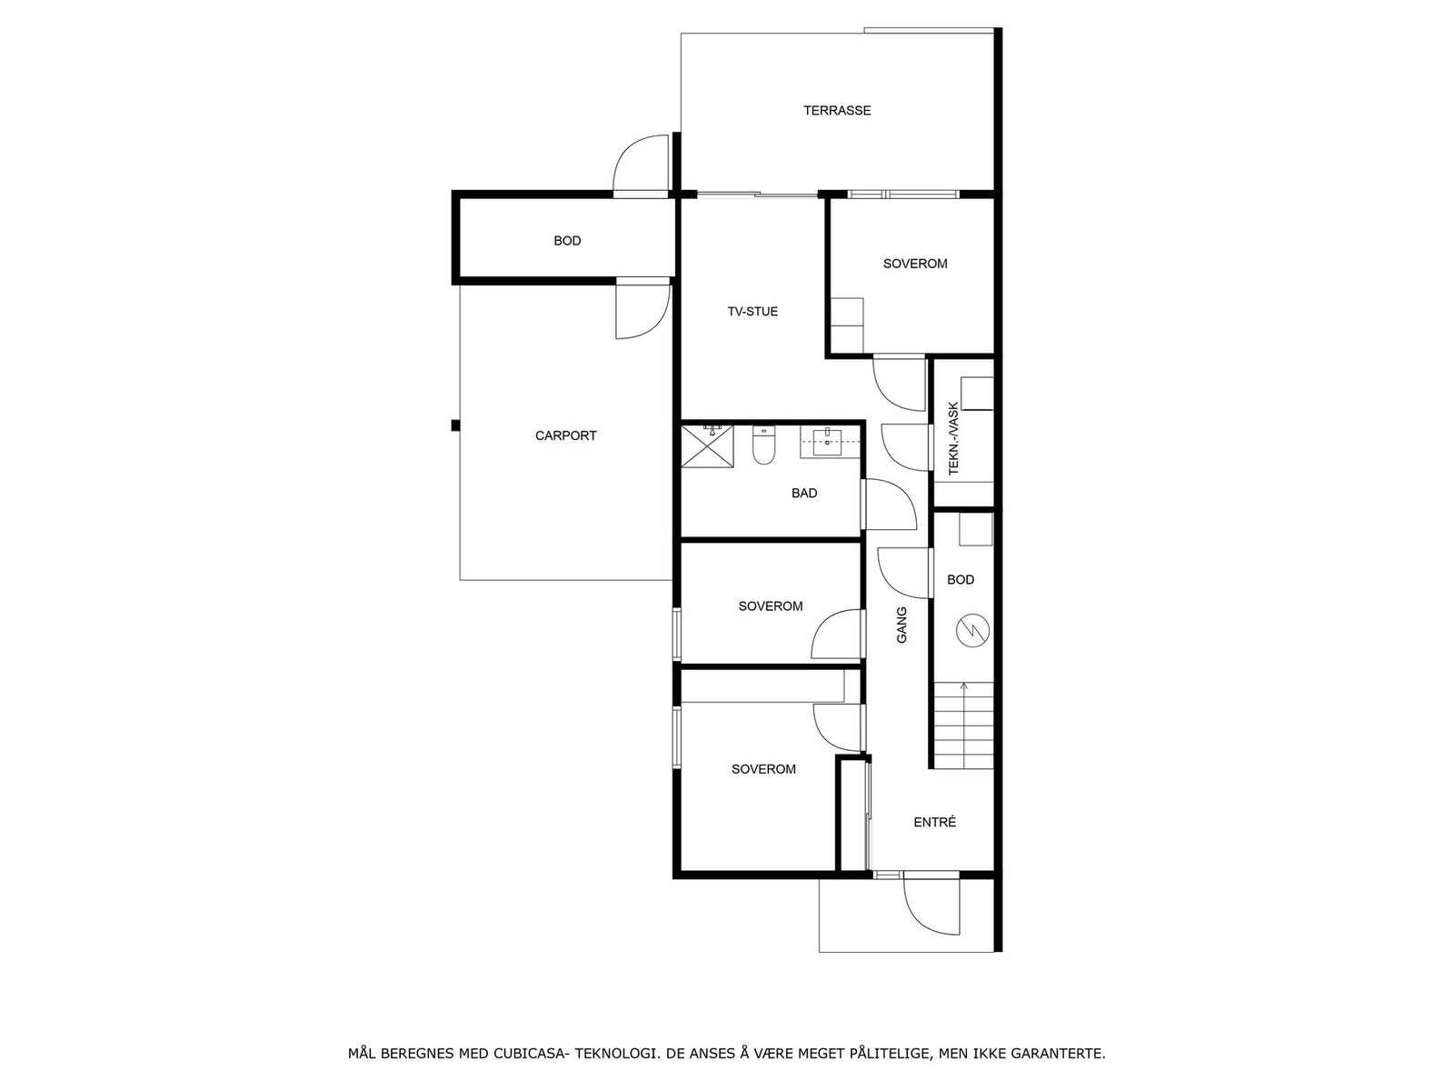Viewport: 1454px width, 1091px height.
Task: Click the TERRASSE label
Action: tap(837, 111)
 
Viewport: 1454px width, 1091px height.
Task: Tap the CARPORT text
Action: tap(565, 435)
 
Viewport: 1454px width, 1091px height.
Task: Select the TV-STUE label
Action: tap(752, 312)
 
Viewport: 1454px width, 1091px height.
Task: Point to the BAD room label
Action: tap(804, 494)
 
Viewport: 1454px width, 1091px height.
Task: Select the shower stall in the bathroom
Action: tap(707, 445)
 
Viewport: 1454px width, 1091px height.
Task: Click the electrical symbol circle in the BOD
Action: tap(973, 630)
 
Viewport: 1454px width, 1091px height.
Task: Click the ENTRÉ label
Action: tap(934, 823)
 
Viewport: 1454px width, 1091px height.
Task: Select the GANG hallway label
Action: tap(902, 626)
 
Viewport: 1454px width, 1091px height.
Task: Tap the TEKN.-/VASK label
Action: tap(953, 439)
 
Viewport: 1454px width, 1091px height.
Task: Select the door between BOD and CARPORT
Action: tap(642, 310)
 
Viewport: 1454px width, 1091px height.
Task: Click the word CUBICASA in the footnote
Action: tap(533, 1054)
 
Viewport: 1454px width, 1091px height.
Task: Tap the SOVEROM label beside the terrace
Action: tap(915, 264)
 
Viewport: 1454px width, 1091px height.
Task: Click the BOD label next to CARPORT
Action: tap(567, 241)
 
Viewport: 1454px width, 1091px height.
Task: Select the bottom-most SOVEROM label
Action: tap(763, 769)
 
